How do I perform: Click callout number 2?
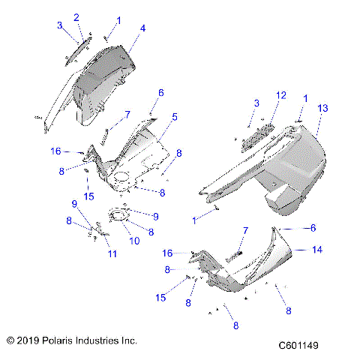[76, 16]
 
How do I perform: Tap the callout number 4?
[142, 28]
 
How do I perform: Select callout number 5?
[175, 117]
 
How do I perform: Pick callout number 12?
[281, 95]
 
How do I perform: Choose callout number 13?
[323, 109]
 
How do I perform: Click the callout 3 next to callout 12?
[256, 102]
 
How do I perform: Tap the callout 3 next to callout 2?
[60, 25]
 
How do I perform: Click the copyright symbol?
[10, 340]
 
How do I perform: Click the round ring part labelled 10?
[117, 217]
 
